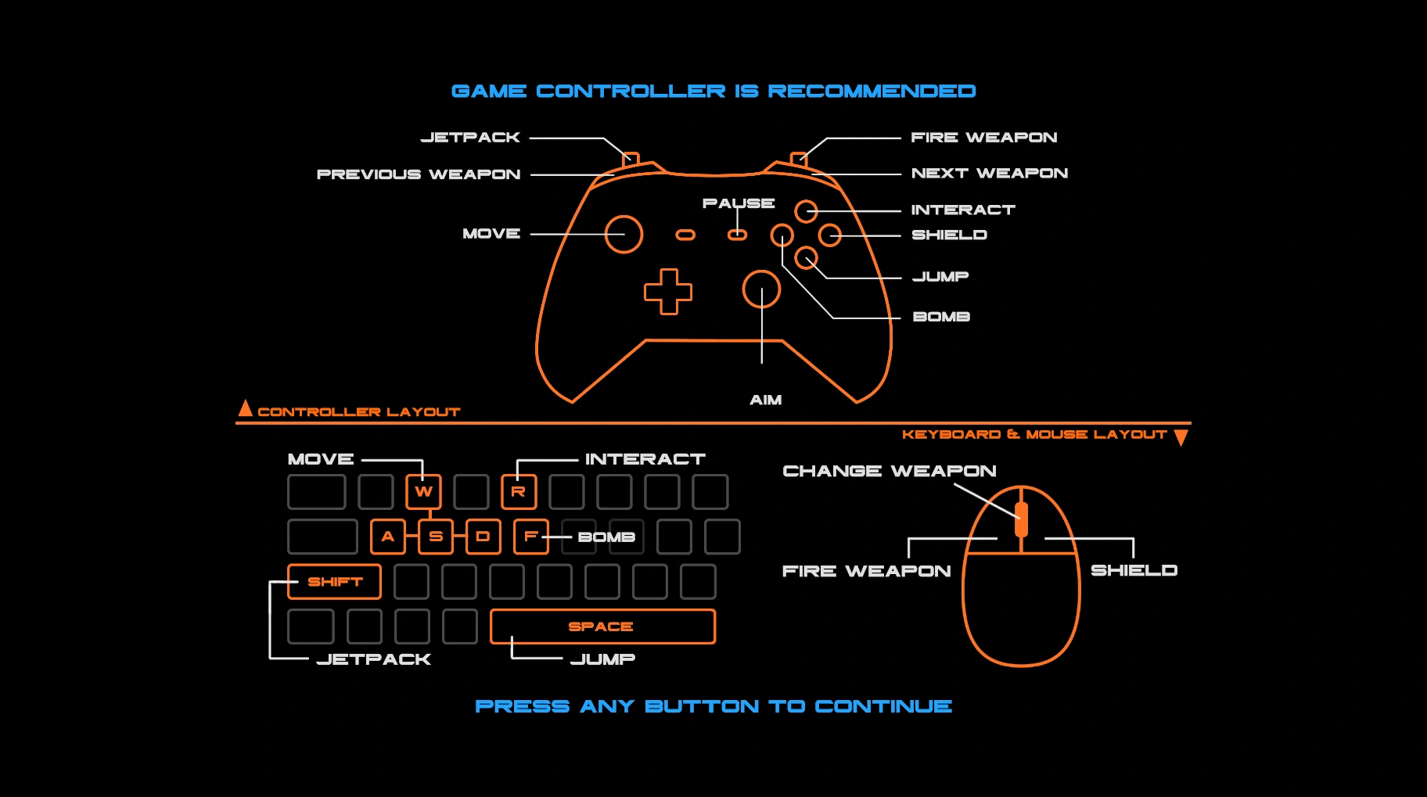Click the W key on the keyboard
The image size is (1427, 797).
coord(423,492)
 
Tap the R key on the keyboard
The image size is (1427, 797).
coord(519,492)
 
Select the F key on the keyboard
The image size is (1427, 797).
coord(530,537)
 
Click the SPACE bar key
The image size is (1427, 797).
coord(602,626)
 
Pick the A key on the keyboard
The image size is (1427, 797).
coord(388,537)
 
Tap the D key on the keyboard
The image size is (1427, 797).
coord(483,537)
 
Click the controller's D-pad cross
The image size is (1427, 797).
coord(668,292)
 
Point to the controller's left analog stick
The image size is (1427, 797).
coord(624,234)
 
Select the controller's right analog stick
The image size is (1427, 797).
coord(761,289)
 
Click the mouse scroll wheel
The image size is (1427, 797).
coord(1021,519)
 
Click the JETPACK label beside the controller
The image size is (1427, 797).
coord(470,138)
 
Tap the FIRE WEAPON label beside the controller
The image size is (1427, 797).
coord(983,138)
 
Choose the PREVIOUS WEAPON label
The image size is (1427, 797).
coord(419,174)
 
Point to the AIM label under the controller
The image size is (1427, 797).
coord(765,400)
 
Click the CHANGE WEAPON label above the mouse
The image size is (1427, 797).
coord(889,471)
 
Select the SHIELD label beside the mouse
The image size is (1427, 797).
coord(1134,570)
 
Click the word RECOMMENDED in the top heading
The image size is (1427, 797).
coord(872,92)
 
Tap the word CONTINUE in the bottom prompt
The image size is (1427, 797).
coord(883,706)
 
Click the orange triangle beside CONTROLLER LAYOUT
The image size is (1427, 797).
coord(245,408)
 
